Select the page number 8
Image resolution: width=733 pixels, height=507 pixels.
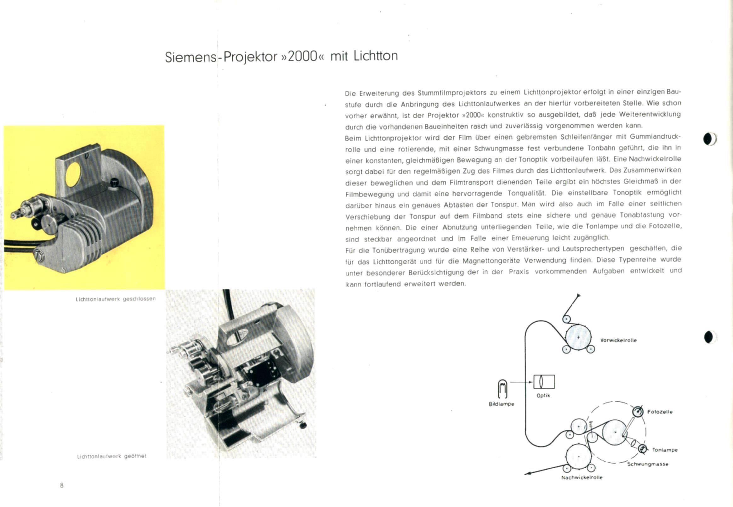(x=62, y=485)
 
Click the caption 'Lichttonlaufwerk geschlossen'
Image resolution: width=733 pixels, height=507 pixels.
(x=116, y=299)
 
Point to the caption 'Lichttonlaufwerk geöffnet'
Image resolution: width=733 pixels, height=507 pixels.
(x=112, y=456)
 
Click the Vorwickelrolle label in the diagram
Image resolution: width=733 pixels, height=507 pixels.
(x=618, y=340)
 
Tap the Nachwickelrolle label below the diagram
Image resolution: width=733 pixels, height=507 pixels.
(x=582, y=477)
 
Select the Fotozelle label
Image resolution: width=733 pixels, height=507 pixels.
(x=660, y=412)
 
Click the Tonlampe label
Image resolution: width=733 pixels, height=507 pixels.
(x=665, y=450)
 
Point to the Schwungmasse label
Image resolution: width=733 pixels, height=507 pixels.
(x=648, y=464)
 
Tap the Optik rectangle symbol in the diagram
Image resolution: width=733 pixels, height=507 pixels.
(x=544, y=381)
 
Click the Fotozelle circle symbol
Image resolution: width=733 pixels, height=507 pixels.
(x=637, y=412)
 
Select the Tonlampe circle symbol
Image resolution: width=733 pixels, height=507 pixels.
(x=642, y=449)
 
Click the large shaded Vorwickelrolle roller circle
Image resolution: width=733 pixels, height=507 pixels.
(x=579, y=338)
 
